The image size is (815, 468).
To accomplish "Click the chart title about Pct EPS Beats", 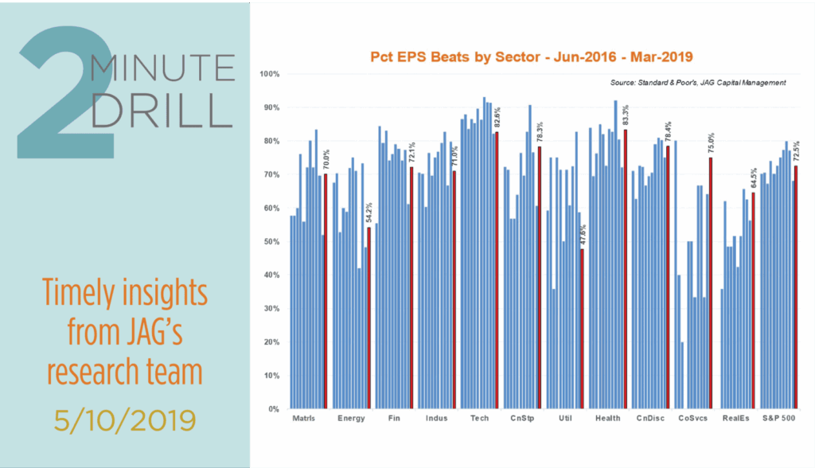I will pyautogui.click(x=532, y=57).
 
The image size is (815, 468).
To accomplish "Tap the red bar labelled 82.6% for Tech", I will pyautogui.click(x=497, y=270).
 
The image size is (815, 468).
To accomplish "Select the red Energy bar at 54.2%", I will pyautogui.click(x=369, y=318).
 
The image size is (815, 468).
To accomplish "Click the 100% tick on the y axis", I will pyautogui.click(x=271, y=74).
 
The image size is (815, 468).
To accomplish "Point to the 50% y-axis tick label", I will pyautogui.click(x=273, y=241).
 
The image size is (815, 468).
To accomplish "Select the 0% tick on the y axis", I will pyautogui.click(x=275, y=409).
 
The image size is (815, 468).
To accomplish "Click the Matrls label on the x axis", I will pyautogui.click(x=306, y=418).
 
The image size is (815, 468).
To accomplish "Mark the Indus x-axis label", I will pyautogui.click(x=437, y=418).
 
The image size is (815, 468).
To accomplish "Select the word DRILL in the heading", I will pyautogui.click(x=161, y=111).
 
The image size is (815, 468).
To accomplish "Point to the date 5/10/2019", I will pyautogui.click(x=125, y=418).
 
